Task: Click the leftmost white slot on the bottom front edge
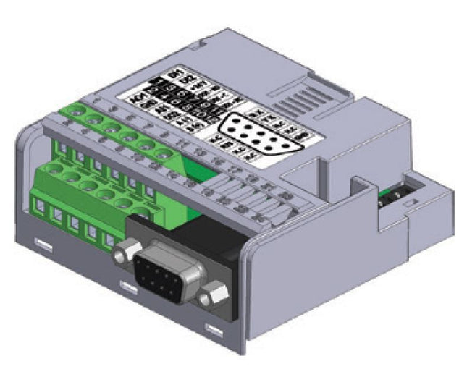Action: (44, 245)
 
